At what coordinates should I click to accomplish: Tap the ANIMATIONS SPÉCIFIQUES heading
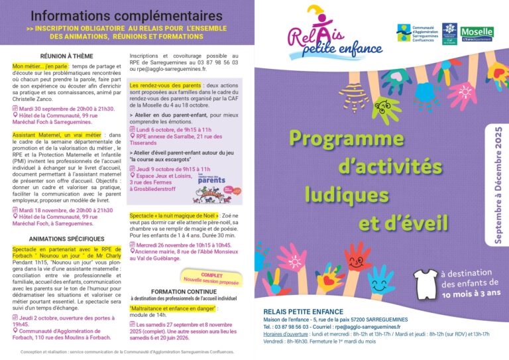coord(66,238)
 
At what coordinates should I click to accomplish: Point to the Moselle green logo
coord(477,32)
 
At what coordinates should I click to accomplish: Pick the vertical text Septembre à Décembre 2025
coord(498,185)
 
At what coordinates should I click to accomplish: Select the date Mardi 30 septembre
coord(50,109)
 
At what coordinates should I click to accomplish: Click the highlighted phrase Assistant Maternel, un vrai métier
coord(56,135)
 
